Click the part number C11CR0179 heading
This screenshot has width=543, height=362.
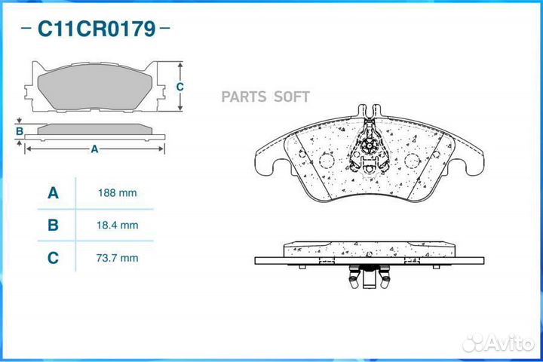click(x=97, y=29)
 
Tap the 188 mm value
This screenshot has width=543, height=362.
click(x=117, y=193)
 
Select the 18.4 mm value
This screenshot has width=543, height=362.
click(x=117, y=225)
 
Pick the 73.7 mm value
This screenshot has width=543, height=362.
click(x=117, y=258)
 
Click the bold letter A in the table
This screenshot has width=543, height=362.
click(x=53, y=193)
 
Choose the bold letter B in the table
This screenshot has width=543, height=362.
click(x=53, y=225)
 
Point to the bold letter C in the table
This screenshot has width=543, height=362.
click(x=53, y=258)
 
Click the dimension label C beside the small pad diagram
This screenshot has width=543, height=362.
click(x=179, y=87)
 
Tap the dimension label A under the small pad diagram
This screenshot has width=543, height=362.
click(x=94, y=149)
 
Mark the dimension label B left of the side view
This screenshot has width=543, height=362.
click(x=20, y=131)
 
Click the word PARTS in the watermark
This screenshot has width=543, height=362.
click(x=244, y=97)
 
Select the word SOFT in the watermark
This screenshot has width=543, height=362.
click(x=292, y=97)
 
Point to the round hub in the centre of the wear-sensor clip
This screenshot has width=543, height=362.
click(x=369, y=146)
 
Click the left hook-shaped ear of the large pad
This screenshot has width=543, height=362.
click(x=265, y=164)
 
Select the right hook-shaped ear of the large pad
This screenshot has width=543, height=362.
click(x=474, y=164)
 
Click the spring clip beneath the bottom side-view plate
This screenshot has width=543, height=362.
click(x=369, y=277)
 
